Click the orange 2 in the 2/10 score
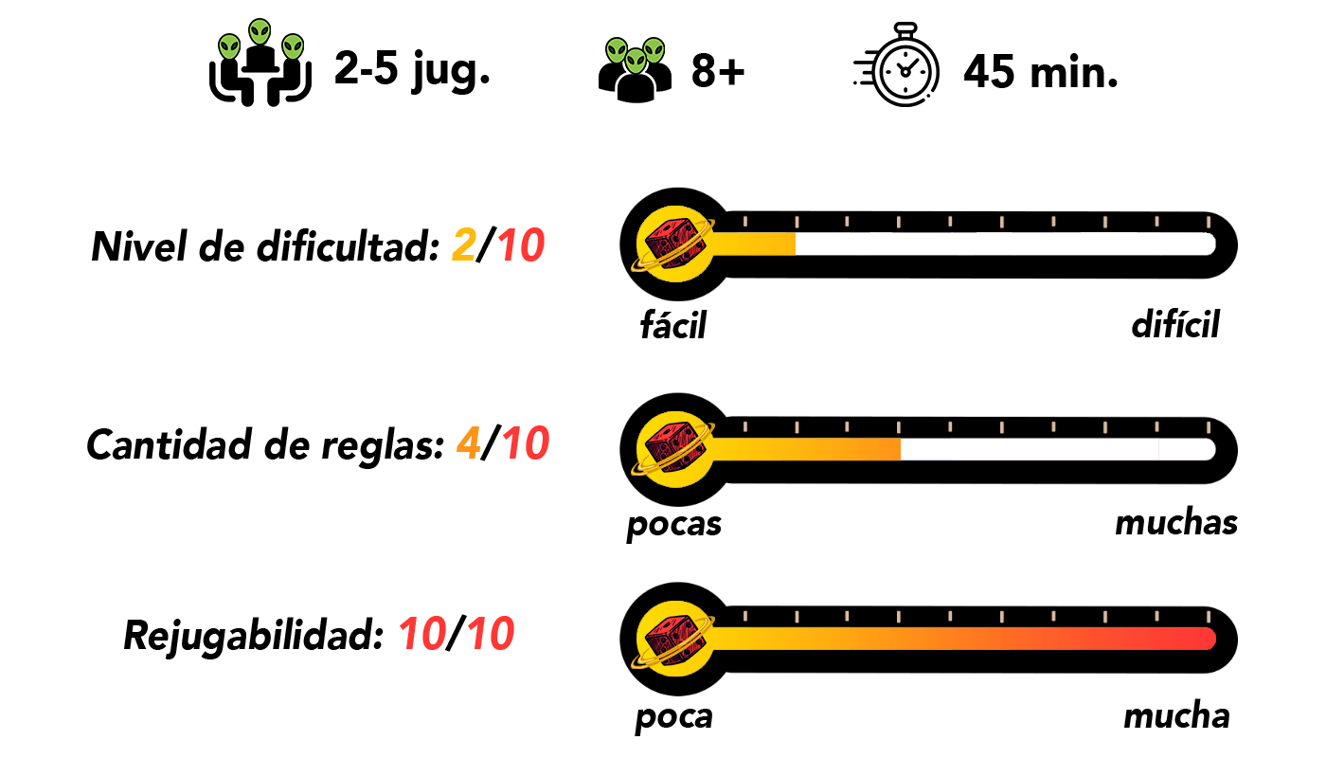tap(464, 245)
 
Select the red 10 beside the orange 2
tap(521, 245)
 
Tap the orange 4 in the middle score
tap(469, 443)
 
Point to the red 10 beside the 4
tap(526, 443)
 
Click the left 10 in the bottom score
tap(422, 634)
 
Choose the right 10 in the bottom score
tap(491, 634)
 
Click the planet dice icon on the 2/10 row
tap(674, 244)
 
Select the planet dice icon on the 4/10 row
tap(674, 449)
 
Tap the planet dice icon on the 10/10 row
tap(674, 639)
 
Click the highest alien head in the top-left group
tap(260, 32)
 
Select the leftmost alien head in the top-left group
tap(229, 46)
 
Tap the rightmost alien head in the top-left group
tap(293, 46)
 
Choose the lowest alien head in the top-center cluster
tap(636, 62)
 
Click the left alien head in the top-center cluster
tap(617, 50)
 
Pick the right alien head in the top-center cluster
tap(654, 50)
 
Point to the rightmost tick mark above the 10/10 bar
tap(1208, 616)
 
